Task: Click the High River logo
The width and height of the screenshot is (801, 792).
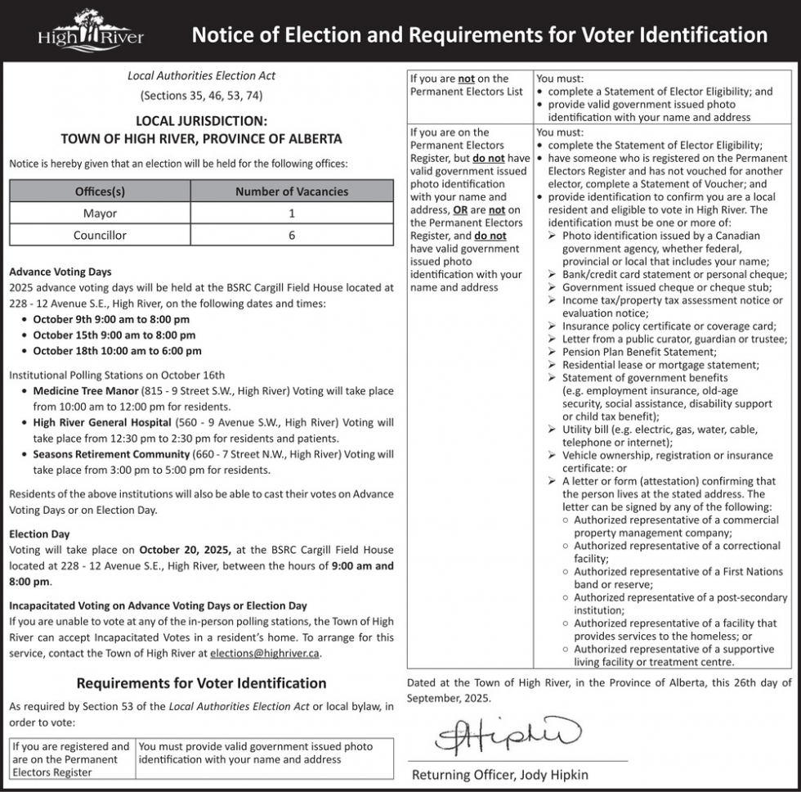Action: (x=91, y=31)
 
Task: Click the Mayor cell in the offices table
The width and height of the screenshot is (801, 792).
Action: (x=100, y=214)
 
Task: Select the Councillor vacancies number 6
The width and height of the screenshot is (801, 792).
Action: (x=291, y=236)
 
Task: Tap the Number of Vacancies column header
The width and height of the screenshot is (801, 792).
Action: (x=291, y=191)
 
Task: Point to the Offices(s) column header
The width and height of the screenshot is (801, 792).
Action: (x=100, y=191)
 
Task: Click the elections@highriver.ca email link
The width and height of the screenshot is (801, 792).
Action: (x=265, y=653)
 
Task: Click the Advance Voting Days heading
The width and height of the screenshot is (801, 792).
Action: (x=60, y=272)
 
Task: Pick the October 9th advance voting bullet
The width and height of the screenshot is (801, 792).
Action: (x=110, y=319)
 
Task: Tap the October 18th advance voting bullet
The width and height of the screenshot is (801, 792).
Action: (x=117, y=351)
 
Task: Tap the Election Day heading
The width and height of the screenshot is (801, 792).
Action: (x=39, y=534)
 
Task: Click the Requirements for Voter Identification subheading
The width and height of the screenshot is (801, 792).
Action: (x=201, y=683)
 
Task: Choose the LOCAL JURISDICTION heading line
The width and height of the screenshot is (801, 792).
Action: (x=201, y=122)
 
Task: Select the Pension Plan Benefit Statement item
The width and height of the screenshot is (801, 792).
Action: (x=638, y=352)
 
